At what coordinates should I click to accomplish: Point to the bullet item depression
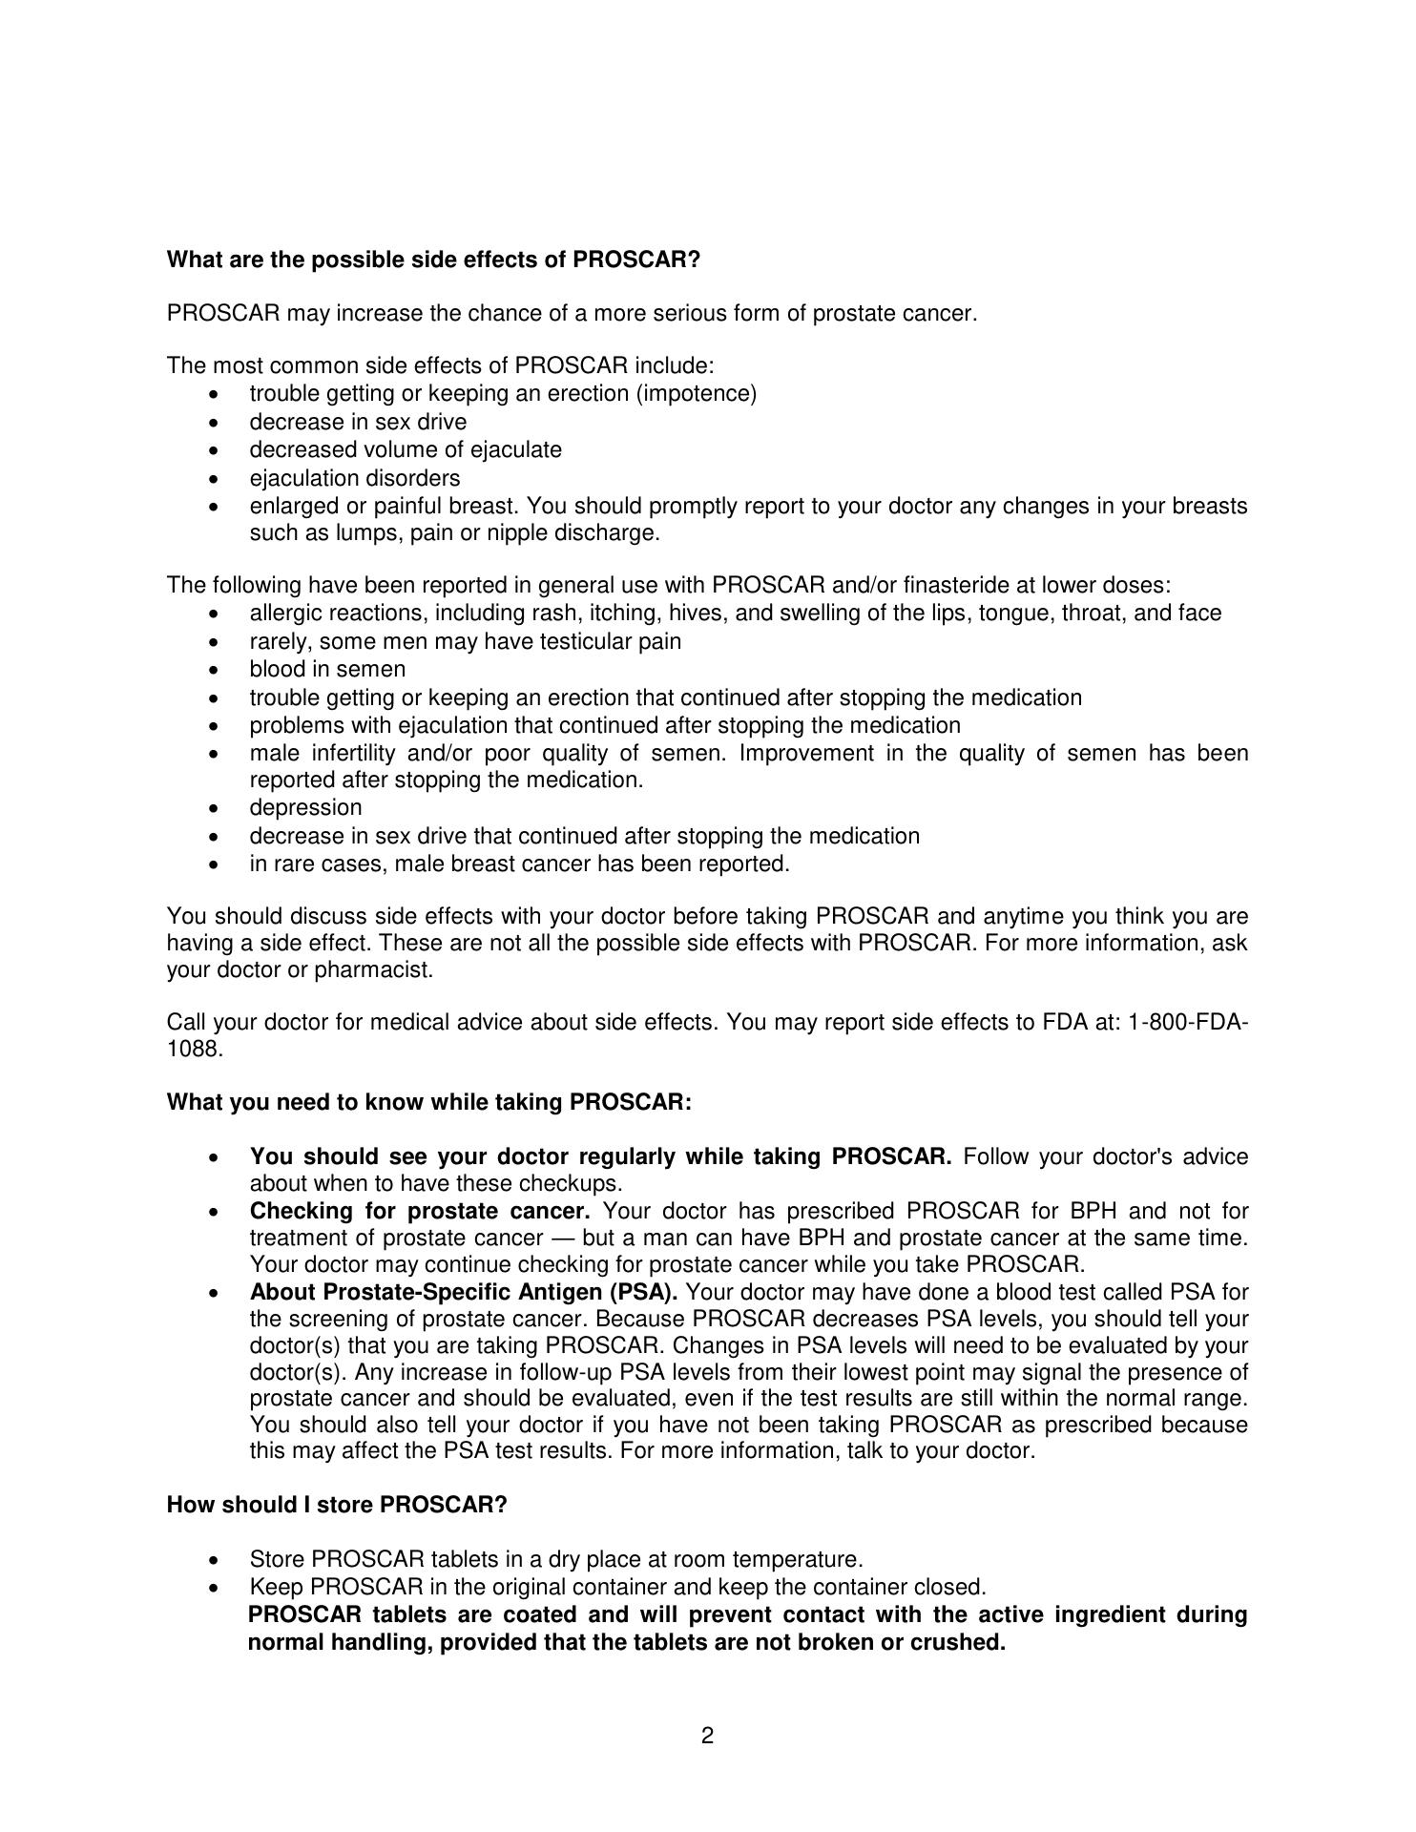click(305, 808)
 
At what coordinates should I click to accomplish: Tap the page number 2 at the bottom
click(707, 1736)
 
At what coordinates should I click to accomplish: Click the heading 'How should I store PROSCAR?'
click(337, 1505)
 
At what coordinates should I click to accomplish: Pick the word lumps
click(367, 533)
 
